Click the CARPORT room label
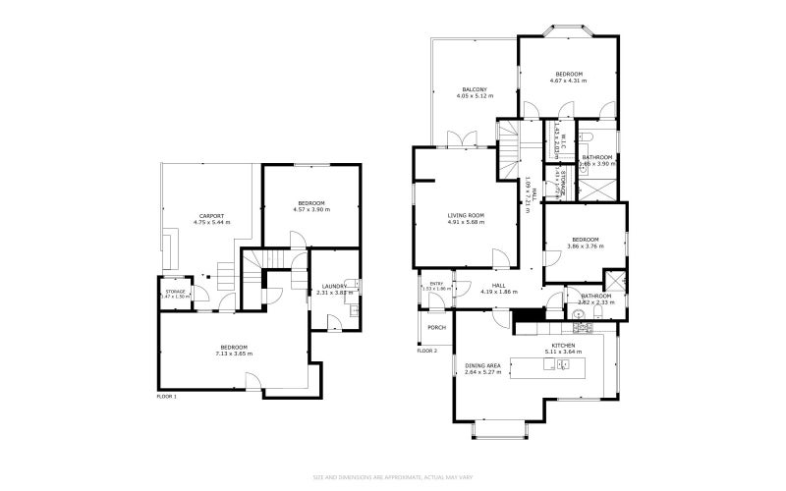(x=211, y=216)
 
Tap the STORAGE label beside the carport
(x=176, y=292)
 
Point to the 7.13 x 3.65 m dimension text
(x=234, y=354)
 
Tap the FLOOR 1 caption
(x=167, y=397)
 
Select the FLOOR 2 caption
(x=426, y=351)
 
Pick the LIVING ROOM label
(x=466, y=215)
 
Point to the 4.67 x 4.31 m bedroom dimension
(x=570, y=81)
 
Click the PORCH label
(x=436, y=327)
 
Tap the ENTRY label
(x=436, y=284)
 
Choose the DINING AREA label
(x=483, y=365)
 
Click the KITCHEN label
(x=564, y=345)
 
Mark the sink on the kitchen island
(x=563, y=364)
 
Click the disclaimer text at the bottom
(x=393, y=478)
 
